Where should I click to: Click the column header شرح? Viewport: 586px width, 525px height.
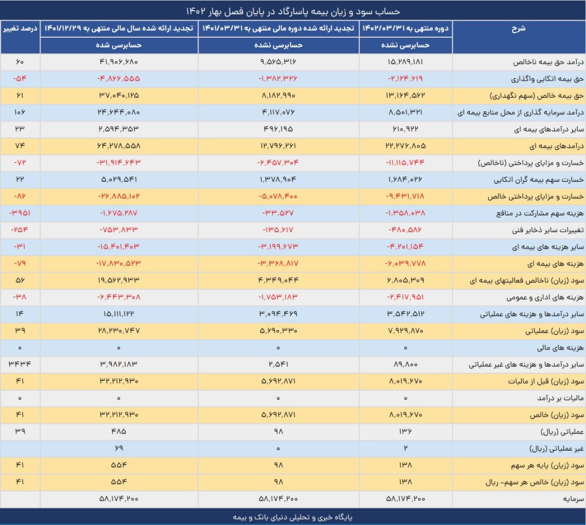pos(518,29)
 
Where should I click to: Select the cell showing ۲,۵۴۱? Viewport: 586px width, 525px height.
pos(278,364)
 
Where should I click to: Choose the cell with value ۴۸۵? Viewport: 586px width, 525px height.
pos(118,431)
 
